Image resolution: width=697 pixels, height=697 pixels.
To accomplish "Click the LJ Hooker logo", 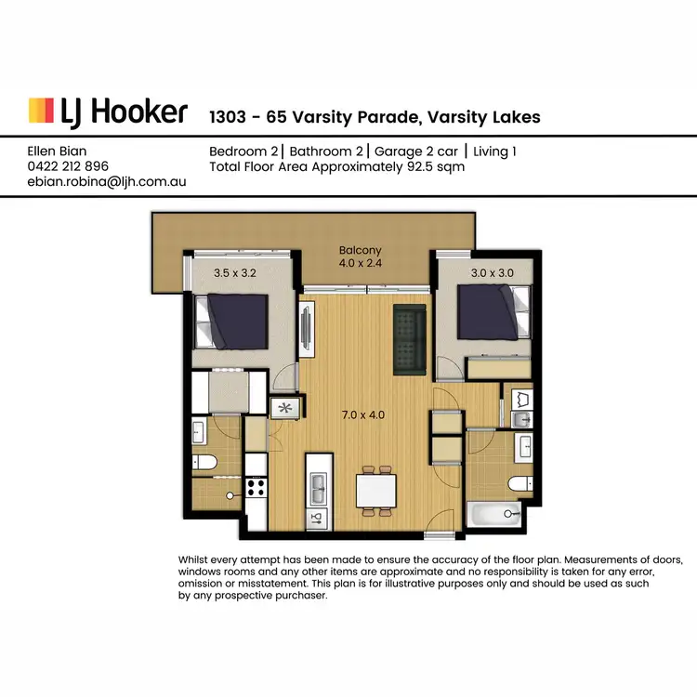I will (108, 112).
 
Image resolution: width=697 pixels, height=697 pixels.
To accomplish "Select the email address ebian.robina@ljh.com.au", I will (107, 182).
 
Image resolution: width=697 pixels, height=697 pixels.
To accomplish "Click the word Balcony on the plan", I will (360, 251).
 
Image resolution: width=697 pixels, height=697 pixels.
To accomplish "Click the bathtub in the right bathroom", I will (494, 513).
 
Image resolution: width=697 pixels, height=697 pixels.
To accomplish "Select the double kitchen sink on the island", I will (318, 483).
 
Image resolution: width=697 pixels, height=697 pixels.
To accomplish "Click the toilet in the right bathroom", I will (519, 482).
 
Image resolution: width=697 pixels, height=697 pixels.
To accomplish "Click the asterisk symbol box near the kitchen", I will (283, 406).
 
